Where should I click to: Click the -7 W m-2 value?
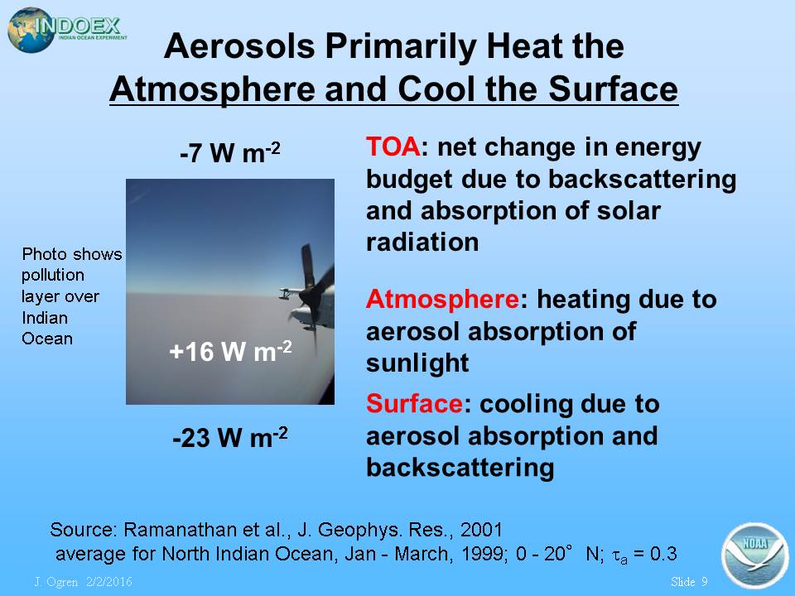point(230,152)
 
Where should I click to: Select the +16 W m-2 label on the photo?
point(230,351)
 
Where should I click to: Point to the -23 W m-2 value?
point(230,437)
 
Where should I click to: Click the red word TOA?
point(393,147)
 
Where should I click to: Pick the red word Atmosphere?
point(442,299)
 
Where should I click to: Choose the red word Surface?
point(414,404)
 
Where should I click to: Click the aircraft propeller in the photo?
point(311,294)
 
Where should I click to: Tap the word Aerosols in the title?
point(239,46)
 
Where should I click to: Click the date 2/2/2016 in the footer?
point(109,581)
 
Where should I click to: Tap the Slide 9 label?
point(688,581)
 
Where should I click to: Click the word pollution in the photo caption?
point(53,275)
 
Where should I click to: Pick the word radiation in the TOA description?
point(422,243)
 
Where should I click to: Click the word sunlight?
point(417,363)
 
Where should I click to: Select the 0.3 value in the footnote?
point(663,554)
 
